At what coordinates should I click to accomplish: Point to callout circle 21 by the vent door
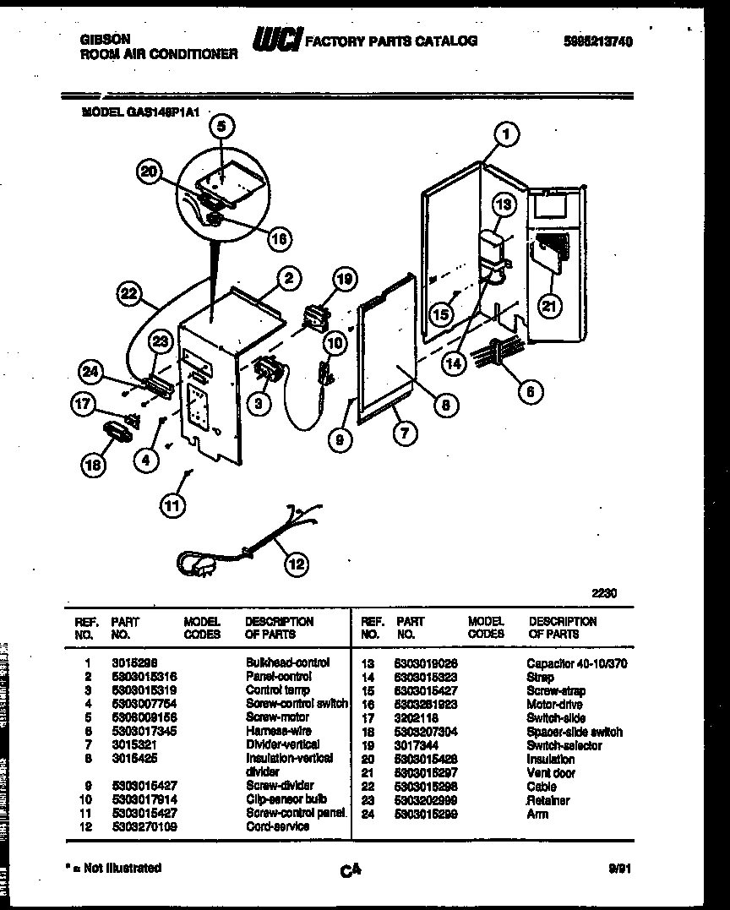coord(550,307)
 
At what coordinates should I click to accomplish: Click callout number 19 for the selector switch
coord(344,280)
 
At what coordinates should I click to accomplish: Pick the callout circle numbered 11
coord(172,505)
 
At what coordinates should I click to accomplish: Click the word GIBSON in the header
coord(105,39)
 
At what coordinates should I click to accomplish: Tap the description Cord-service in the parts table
coord(277,826)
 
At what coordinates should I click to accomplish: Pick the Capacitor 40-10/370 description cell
coord(576,663)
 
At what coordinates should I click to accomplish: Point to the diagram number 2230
coord(604,593)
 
